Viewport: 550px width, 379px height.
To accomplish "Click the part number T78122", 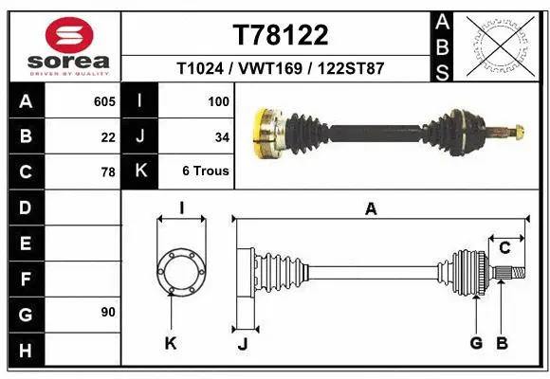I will (281, 35).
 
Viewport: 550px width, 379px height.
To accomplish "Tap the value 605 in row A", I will (103, 99).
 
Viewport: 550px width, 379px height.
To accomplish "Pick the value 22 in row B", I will (107, 136).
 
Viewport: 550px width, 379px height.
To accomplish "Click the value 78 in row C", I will (107, 172).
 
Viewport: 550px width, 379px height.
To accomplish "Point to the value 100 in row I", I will (218, 99).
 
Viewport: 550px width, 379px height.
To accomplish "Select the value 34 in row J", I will (222, 136).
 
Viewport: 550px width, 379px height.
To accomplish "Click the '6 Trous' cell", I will (206, 172).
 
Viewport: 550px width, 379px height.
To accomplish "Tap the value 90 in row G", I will (107, 311).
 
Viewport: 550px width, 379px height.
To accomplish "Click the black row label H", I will (25, 351).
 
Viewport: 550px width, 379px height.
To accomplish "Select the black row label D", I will (25, 208).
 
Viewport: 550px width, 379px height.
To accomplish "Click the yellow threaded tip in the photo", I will (517, 131).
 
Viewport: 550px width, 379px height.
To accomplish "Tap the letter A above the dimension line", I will (371, 209).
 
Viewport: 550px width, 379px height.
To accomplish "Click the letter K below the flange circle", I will (171, 344).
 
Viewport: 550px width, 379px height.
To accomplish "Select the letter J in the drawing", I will (242, 344).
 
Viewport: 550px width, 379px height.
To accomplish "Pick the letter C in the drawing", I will (504, 248).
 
